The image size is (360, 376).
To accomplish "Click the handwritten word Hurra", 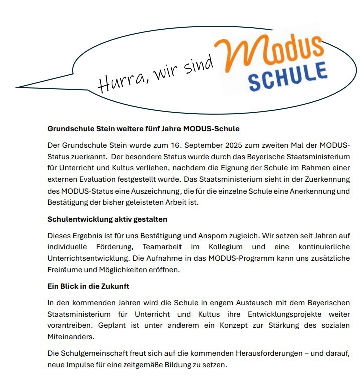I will (x=116, y=82).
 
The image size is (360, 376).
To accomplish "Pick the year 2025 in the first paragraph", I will (x=198, y=146).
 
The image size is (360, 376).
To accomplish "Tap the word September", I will (x=167, y=146).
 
